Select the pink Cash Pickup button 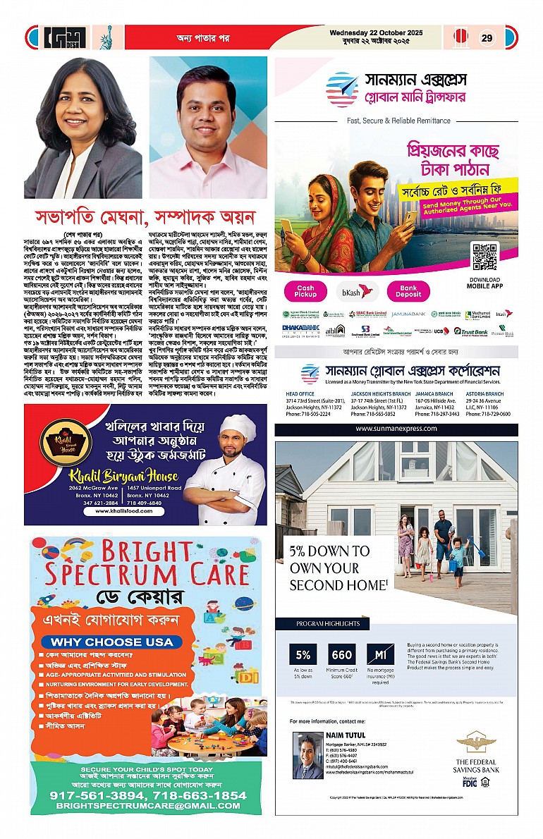305,291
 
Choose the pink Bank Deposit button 408,291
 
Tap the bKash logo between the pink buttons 356,291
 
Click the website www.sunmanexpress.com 396,429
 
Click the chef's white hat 238,427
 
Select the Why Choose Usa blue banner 112,642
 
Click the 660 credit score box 342,656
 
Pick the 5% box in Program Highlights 304,656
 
